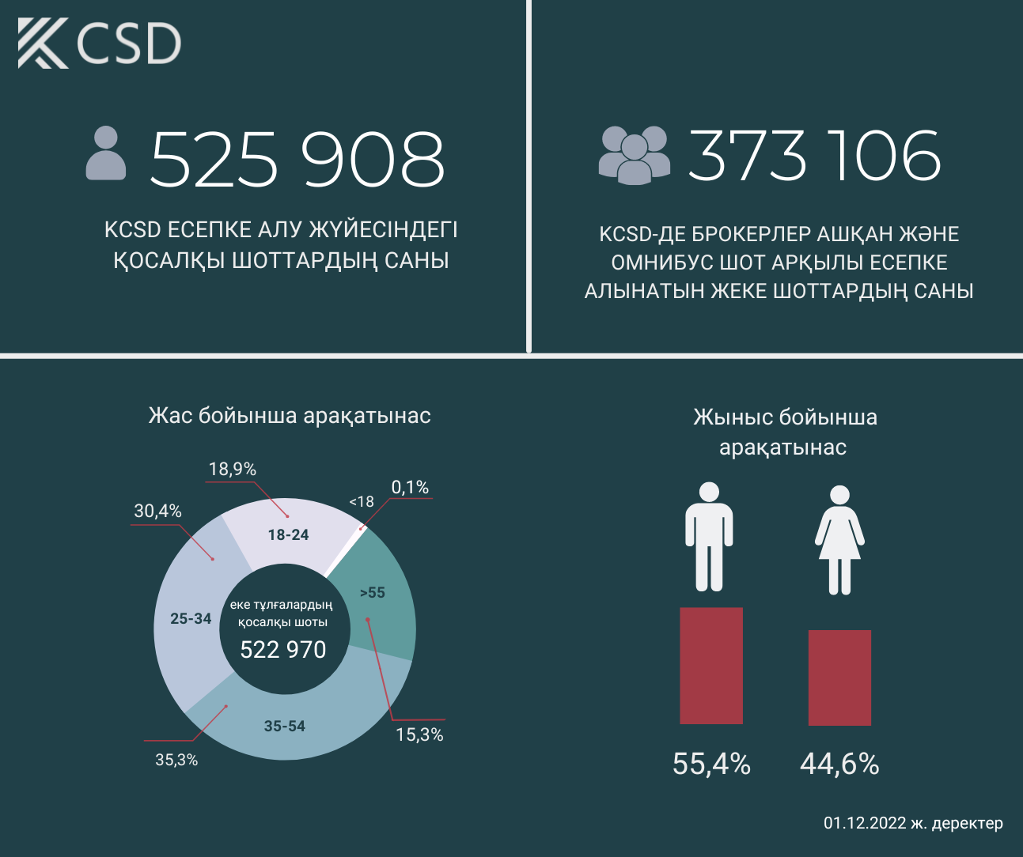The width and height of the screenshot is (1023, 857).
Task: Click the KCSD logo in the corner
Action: click(x=100, y=43)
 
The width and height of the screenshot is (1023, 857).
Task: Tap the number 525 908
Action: click(x=297, y=159)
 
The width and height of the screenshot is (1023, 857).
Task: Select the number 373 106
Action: click(x=814, y=155)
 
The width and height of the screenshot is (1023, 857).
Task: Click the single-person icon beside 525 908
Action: click(x=106, y=153)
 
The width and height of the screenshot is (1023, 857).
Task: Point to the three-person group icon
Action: click(x=634, y=155)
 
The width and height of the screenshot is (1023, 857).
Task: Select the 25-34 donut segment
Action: click(x=191, y=618)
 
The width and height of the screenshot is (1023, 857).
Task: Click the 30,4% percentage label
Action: click(x=157, y=512)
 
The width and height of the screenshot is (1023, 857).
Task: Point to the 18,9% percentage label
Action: click(x=233, y=470)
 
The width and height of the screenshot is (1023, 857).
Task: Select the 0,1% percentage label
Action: click(x=410, y=488)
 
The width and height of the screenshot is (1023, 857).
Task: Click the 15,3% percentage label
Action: click(x=419, y=735)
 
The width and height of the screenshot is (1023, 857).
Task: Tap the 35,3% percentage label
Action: click(x=176, y=761)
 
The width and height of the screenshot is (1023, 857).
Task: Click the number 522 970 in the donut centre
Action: click(x=283, y=650)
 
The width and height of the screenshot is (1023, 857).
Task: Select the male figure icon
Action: click(x=709, y=537)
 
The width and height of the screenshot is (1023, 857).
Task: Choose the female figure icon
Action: click(x=839, y=541)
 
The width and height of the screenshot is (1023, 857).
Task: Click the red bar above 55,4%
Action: click(x=711, y=666)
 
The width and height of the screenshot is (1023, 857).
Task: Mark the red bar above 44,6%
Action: click(x=839, y=678)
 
